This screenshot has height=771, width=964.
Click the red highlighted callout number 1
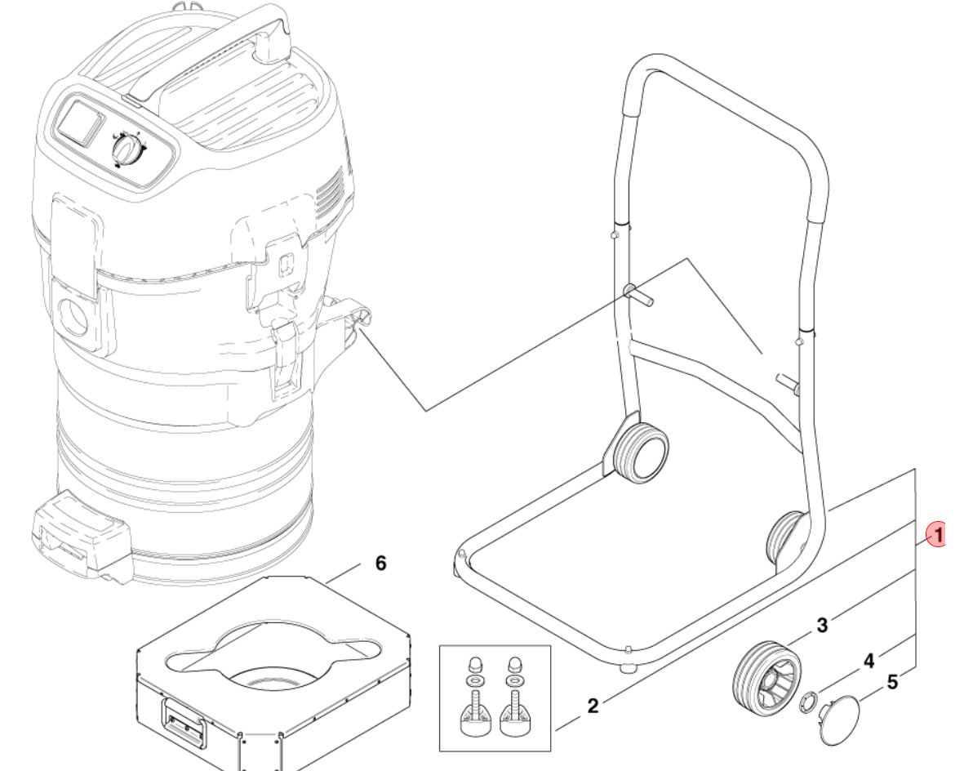click(938, 534)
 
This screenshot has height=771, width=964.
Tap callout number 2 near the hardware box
click(593, 706)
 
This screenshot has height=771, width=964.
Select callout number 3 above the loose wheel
click(822, 625)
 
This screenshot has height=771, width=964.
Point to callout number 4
click(868, 661)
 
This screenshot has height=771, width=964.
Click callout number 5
click(893, 682)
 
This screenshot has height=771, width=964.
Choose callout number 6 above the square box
click(381, 563)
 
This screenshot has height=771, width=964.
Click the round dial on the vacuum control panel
click(128, 149)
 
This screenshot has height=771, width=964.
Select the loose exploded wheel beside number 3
click(768, 674)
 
